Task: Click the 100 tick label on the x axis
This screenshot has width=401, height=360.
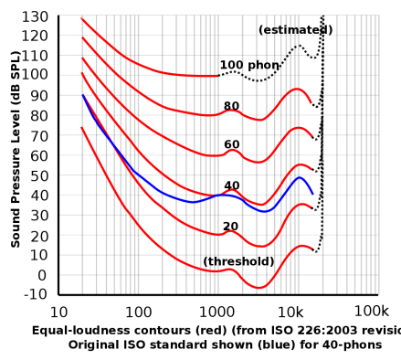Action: coord(139,311)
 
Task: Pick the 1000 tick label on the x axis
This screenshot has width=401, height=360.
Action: coord(216,311)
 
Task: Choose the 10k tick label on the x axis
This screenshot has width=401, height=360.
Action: coord(292,311)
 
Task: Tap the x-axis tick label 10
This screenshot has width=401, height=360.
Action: coord(61,311)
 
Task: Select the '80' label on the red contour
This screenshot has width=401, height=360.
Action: coord(232,106)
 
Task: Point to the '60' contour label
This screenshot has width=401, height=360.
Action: coord(232,145)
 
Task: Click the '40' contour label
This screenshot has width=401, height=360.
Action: coord(232,185)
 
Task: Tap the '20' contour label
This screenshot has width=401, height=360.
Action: coord(232,225)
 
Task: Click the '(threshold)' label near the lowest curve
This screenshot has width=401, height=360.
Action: coord(239,261)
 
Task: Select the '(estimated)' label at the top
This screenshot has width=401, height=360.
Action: coord(294,30)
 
